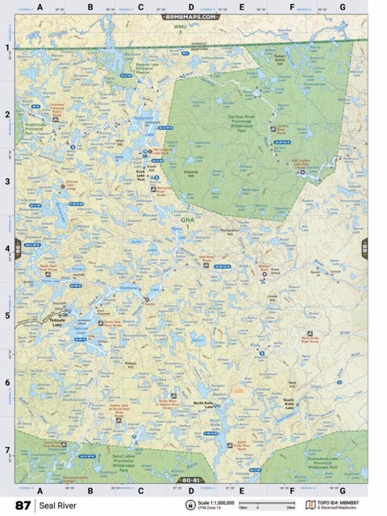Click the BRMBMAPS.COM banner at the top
tap(190, 16)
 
